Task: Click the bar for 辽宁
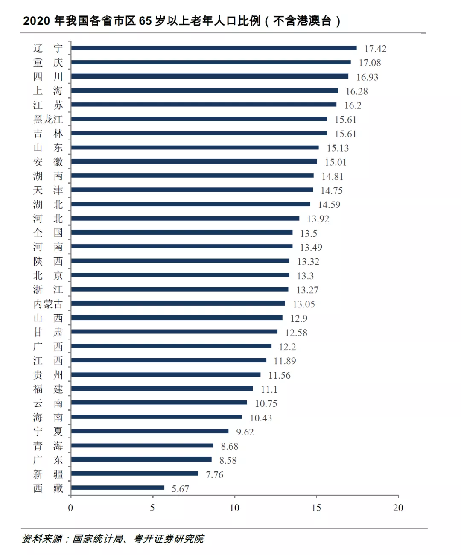213,48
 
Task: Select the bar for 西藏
117,488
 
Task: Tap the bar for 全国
181,232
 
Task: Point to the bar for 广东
141,459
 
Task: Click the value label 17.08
370,63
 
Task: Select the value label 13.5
308,233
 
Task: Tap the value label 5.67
180,489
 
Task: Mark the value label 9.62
245,432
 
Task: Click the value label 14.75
332,190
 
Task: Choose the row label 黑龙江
48,119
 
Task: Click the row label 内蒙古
48,304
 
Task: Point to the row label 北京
48,275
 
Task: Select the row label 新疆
48,474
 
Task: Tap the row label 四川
48,77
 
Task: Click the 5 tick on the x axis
152,508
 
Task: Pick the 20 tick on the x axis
398,508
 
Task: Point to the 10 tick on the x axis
234,508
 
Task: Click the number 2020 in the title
37,20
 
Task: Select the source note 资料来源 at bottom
42,539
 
